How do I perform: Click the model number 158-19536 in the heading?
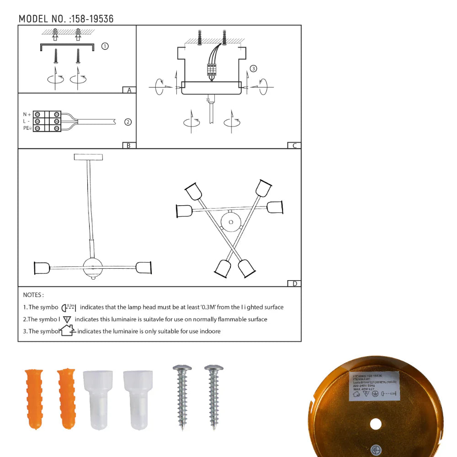pos(92,19)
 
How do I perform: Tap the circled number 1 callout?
pos(105,46)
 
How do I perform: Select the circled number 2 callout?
pos(128,122)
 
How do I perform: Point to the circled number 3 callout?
pos(254,69)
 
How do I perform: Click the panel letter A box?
pos(129,90)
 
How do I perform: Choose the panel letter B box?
pos(129,146)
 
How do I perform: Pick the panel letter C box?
pos(294,146)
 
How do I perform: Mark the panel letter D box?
pos(294,284)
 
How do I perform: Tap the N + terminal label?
pos(27,114)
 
